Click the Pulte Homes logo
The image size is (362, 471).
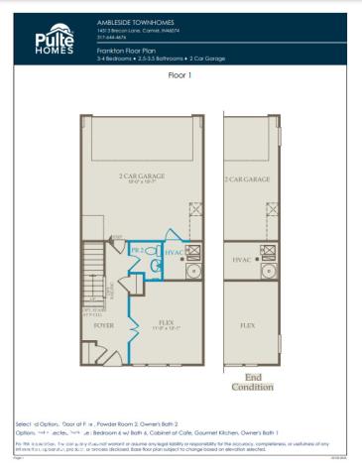49,39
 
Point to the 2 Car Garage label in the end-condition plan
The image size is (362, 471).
248,179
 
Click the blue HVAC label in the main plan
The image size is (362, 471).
174,254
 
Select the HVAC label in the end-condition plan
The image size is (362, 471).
242,260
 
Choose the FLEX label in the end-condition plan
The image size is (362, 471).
248,324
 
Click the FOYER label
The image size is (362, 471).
103,323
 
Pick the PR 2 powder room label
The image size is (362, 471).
137,252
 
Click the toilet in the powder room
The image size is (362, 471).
156,264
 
